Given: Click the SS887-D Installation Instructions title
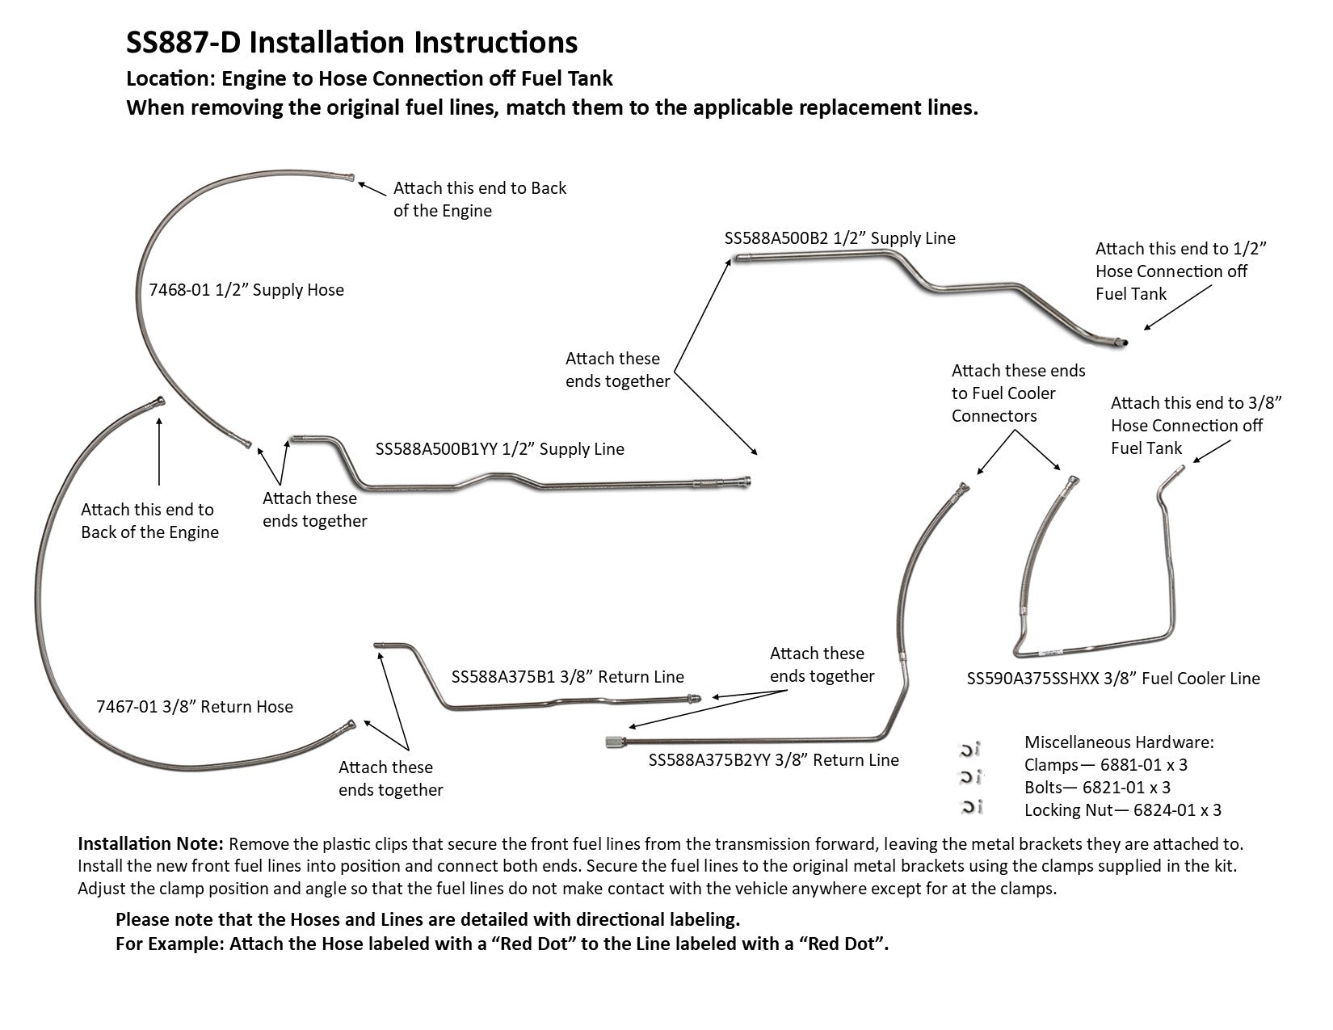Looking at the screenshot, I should (x=351, y=42).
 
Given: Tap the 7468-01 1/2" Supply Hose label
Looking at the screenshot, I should (x=246, y=290).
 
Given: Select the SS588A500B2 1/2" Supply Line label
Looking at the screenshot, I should (x=839, y=238).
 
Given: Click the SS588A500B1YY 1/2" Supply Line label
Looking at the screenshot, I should (x=499, y=449).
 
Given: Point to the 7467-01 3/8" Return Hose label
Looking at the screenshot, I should (x=194, y=707).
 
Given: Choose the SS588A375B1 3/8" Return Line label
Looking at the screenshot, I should (x=567, y=677).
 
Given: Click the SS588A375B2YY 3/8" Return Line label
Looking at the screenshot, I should (x=773, y=760).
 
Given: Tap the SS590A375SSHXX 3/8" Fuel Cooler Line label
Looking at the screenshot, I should (x=1112, y=679).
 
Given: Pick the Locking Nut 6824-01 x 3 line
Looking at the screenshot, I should (x=1122, y=809).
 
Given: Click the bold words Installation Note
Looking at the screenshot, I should (x=150, y=844).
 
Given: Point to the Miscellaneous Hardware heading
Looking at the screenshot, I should (x=1119, y=742).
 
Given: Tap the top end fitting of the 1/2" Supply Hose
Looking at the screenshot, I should (x=350, y=178).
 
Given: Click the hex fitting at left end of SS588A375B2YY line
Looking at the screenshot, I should (x=612, y=742).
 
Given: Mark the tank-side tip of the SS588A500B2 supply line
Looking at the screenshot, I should (x=1121, y=343).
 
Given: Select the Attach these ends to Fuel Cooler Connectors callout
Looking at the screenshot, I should (x=1018, y=393).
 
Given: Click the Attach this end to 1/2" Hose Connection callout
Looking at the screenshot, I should (x=1180, y=271).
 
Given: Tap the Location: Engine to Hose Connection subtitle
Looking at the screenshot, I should (x=369, y=78).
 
